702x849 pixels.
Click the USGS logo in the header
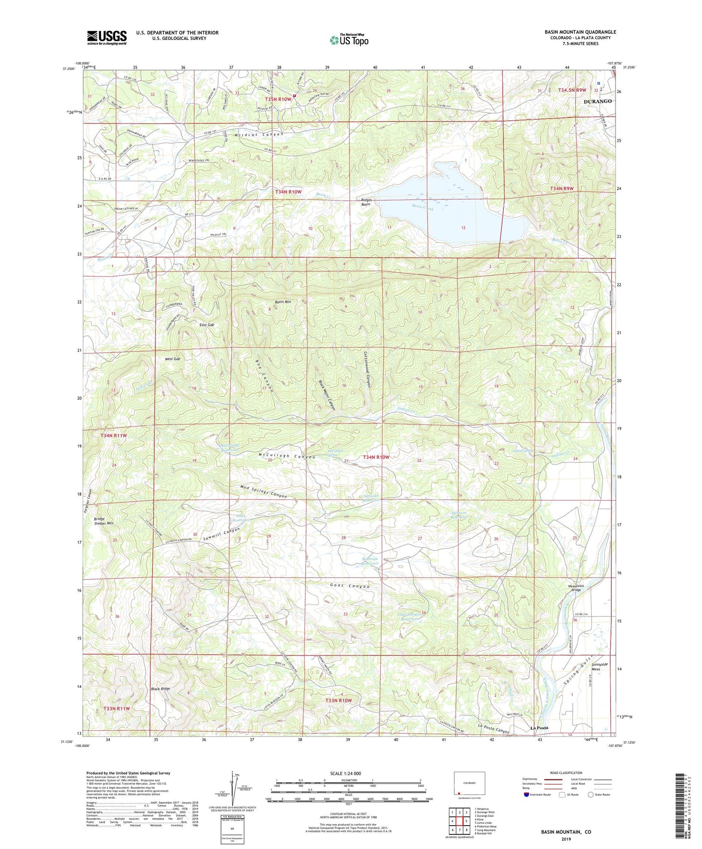pos(107,37)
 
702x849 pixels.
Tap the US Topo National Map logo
pos(349,39)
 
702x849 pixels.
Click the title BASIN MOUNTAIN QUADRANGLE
pos(580,32)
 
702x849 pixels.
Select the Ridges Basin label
pos(366,202)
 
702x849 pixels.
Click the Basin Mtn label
pos(284,302)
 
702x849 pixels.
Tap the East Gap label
pos(206,324)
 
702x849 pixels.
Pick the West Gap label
pos(172,359)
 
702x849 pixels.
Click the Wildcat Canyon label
pos(258,135)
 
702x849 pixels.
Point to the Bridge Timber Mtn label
pos(103,521)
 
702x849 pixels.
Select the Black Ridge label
pos(160,689)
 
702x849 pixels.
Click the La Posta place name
pos(539,728)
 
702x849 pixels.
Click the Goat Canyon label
pos(350,586)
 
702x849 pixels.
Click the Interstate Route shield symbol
pos(527,795)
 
